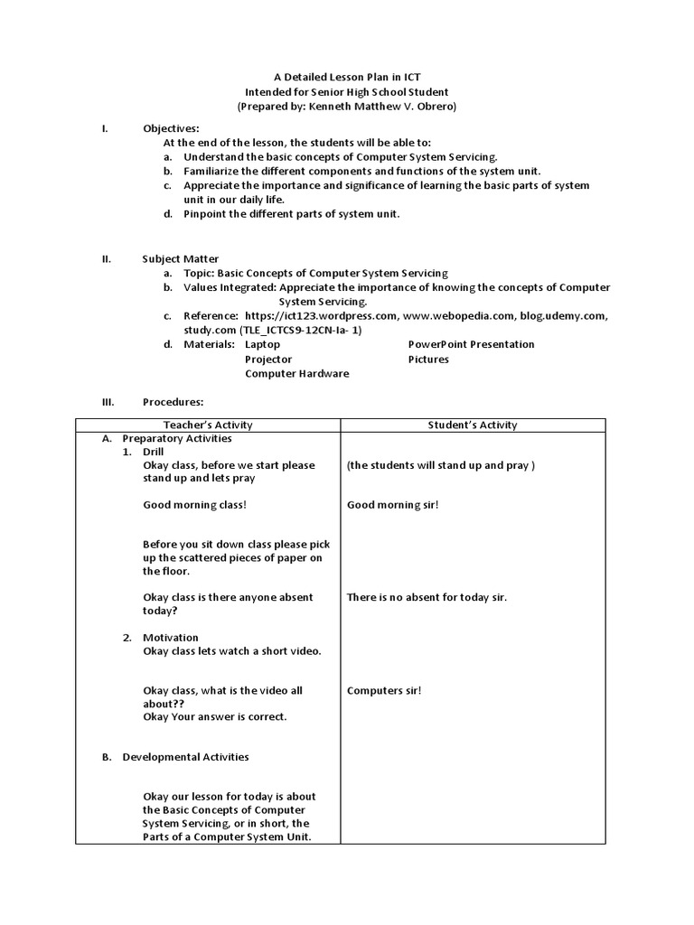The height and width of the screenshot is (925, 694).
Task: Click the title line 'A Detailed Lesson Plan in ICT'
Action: (x=346, y=78)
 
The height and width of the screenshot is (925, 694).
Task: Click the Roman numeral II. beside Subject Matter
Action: (x=106, y=258)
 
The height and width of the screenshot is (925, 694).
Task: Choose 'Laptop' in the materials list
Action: (x=263, y=344)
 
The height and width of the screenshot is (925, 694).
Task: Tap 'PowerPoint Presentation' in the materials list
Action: (x=471, y=344)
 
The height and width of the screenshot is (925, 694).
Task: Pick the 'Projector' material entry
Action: (x=268, y=359)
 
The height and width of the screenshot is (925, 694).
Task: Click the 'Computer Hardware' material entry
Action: (x=296, y=373)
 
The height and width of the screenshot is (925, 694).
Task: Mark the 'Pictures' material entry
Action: (x=428, y=359)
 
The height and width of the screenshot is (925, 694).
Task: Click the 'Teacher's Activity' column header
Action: (x=208, y=425)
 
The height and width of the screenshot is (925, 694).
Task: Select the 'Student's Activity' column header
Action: (x=472, y=425)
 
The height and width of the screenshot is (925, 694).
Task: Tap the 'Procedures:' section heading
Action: (x=173, y=401)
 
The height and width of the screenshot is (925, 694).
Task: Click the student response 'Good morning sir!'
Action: (x=392, y=504)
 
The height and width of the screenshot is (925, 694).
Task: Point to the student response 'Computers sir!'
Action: (x=384, y=690)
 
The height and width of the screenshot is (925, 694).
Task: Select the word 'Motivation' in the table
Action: (x=170, y=638)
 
